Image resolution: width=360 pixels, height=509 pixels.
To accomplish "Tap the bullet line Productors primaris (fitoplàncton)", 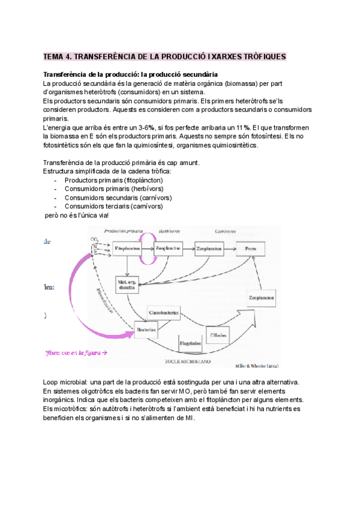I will click(113, 180).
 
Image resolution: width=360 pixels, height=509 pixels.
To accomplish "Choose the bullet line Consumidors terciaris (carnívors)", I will click(113, 206).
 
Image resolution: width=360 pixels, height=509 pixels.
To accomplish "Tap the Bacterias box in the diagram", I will click(146, 330).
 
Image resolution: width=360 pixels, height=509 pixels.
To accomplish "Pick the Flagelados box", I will click(190, 343).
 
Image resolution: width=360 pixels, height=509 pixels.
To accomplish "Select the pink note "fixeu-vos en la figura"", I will click(75, 353).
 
